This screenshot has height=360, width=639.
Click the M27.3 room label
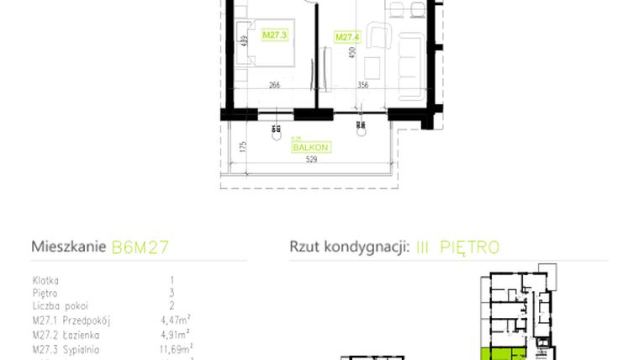[x=275, y=35]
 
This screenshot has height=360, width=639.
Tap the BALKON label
[x=309, y=147]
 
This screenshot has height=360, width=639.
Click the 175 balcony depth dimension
[x=242, y=147]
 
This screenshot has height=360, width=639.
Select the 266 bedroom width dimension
[x=275, y=83]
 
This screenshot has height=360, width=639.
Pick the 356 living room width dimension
[x=363, y=83]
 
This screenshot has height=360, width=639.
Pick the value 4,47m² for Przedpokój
[x=176, y=320]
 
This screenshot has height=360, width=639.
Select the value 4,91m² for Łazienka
[x=176, y=333]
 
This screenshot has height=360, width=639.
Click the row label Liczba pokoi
[x=60, y=306]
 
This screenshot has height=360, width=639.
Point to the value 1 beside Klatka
[x=172, y=279]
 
